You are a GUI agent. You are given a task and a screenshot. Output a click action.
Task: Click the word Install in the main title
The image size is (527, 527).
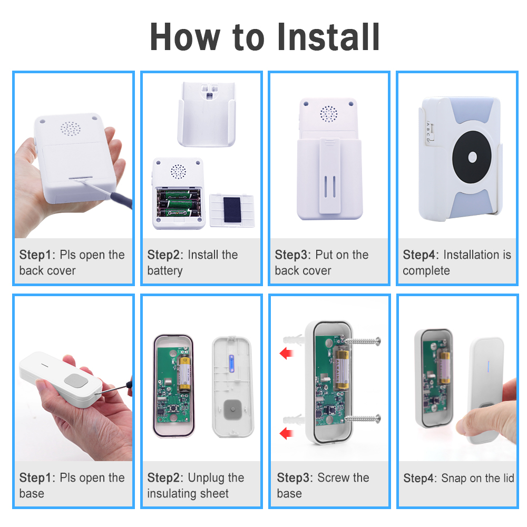[x=328, y=37]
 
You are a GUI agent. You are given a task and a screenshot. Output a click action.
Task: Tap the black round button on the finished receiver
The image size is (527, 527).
[x=472, y=157]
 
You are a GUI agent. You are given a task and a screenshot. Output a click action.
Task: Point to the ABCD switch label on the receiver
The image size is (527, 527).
[x=428, y=132]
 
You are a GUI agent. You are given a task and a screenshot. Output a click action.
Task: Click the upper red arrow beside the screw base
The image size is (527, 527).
[x=286, y=353]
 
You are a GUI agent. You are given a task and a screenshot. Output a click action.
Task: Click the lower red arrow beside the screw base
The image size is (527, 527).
[x=286, y=433]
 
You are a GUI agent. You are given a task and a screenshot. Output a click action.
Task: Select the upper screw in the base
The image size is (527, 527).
[x=363, y=341]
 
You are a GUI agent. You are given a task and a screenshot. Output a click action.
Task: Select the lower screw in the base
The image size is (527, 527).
[x=363, y=418]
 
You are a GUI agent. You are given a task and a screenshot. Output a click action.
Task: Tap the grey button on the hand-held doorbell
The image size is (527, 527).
[x=76, y=381]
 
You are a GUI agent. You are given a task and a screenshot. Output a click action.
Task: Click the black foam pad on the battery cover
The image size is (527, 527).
[x=232, y=210]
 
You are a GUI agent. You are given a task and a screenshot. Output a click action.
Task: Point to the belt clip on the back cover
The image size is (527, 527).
[x=329, y=176]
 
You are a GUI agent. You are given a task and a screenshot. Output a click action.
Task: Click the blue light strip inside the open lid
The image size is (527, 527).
[x=231, y=363]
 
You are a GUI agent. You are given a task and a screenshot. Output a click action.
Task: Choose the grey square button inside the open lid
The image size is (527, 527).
[x=233, y=409]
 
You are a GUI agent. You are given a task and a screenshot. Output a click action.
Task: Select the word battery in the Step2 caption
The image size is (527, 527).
[x=164, y=270]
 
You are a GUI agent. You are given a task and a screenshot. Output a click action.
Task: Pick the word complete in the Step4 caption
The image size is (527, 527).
[x=426, y=270]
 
